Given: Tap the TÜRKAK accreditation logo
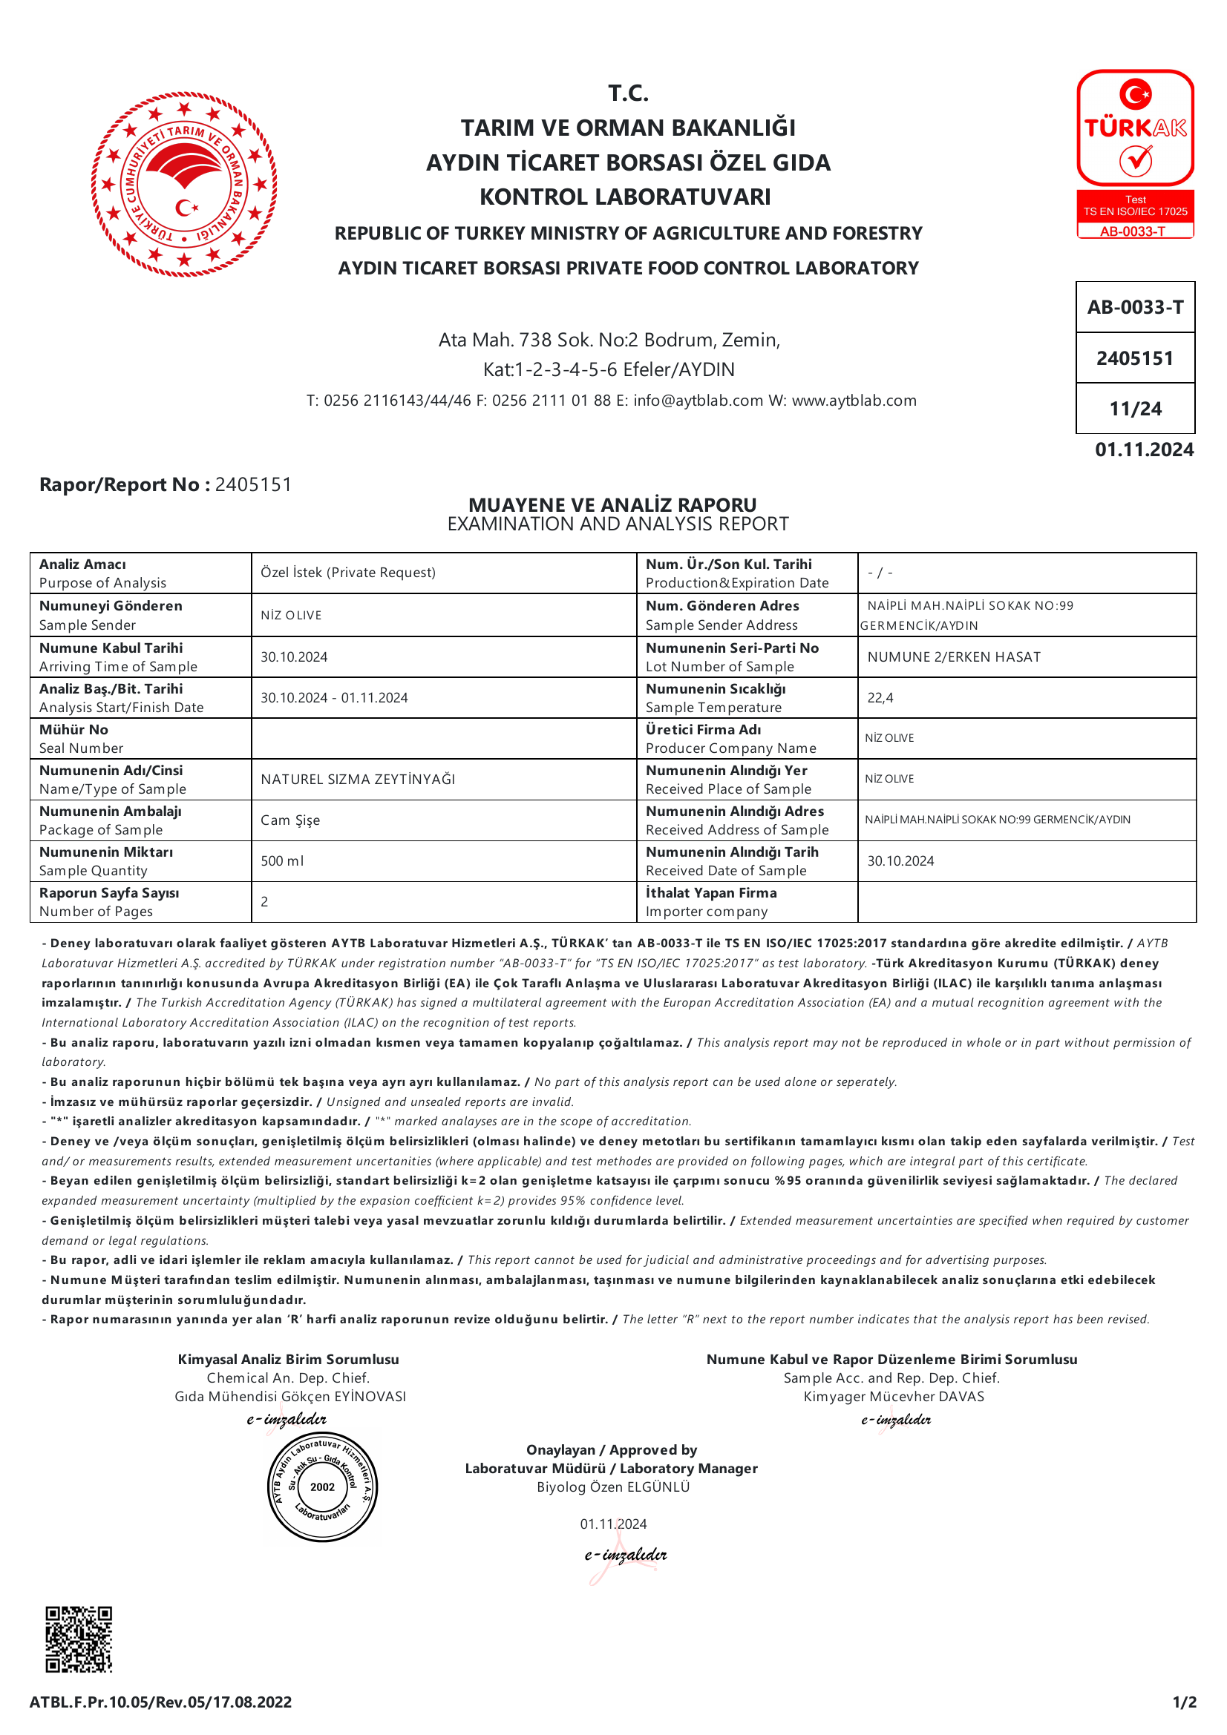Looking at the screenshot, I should (1135, 154).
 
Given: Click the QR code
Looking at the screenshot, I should (79, 1639).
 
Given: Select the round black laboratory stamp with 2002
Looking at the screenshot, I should (323, 1487).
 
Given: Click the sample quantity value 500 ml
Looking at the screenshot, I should (282, 860).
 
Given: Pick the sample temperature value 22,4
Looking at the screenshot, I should (880, 697).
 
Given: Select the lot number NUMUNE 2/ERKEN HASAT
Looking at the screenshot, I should (953, 656).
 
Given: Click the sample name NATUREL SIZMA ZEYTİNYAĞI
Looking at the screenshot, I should (358, 779).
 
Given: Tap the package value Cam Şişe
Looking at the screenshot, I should (290, 820).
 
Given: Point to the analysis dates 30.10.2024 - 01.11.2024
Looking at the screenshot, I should (334, 697).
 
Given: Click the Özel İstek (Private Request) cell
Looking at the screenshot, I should (348, 572).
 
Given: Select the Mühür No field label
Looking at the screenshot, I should (74, 729).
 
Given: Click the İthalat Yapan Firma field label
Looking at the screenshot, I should (710, 892).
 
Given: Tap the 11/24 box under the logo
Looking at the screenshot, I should (1135, 409).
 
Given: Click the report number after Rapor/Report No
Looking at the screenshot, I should (253, 484).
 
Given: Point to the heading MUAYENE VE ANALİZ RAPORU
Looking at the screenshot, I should (612, 505).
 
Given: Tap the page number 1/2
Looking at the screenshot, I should (1184, 1702).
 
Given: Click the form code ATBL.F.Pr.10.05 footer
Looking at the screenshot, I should (160, 1702).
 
